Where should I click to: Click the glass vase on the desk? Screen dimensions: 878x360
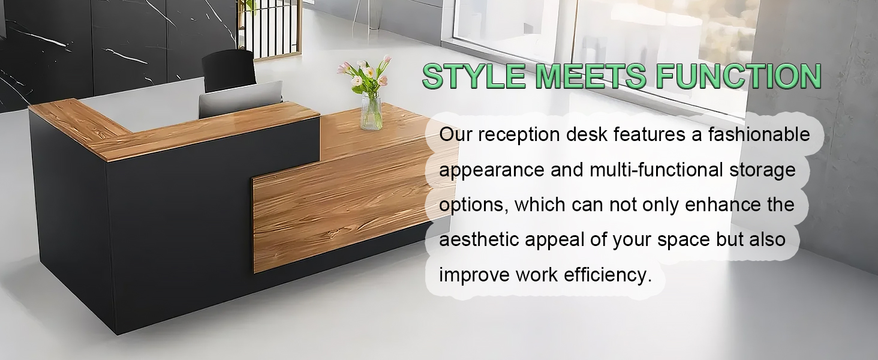371,111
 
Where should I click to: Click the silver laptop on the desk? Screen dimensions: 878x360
240,98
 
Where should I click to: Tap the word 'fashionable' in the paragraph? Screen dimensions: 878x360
759,134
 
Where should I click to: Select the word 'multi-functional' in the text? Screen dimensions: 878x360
656,170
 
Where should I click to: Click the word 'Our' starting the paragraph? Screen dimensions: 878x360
455,135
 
